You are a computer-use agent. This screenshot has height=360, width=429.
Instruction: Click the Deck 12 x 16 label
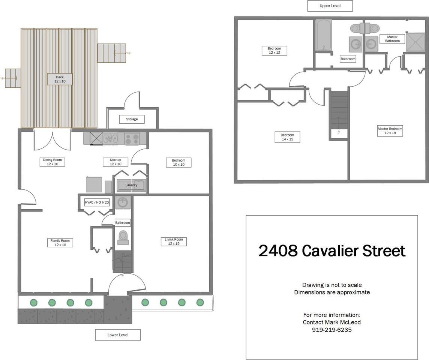click(x=60, y=79)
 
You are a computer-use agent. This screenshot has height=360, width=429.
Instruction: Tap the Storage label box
click(x=132, y=119)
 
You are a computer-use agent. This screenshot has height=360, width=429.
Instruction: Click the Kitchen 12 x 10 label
click(x=115, y=162)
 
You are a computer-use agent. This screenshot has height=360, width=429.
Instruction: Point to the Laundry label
click(x=131, y=185)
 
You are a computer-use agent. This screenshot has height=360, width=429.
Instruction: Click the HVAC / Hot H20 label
click(x=97, y=202)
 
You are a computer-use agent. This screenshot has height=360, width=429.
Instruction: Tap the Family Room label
click(x=60, y=243)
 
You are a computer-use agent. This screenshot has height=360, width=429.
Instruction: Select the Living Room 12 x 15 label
click(x=174, y=241)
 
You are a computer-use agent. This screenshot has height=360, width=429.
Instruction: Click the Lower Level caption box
click(x=118, y=335)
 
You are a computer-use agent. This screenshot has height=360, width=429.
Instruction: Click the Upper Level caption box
click(x=330, y=6)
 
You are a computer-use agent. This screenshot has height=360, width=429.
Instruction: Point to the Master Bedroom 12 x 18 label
click(x=390, y=131)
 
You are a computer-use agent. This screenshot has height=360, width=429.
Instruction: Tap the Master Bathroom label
click(x=392, y=39)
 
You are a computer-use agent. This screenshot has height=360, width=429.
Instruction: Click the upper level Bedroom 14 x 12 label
click(x=287, y=137)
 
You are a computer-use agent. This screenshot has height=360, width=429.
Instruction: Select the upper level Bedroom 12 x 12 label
click(x=274, y=51)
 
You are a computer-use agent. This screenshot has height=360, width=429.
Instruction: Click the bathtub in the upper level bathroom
click(x=323, y=35)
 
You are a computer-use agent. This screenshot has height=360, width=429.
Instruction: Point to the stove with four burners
click(x=132, y=139)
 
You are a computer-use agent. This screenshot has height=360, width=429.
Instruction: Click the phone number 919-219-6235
click(x=332, y=330)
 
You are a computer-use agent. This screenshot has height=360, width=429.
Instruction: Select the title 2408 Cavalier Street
click(x=332, y=251)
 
